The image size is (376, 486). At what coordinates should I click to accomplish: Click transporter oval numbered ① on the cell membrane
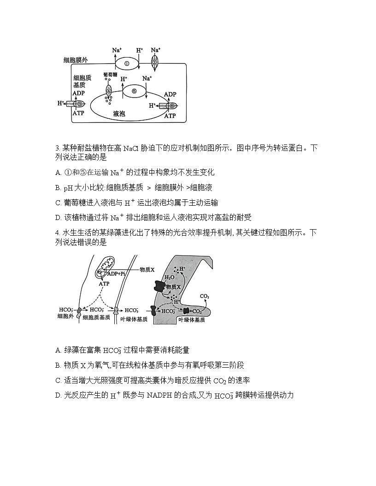pos(126,64)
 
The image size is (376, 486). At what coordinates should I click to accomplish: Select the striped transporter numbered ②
pos(155,62)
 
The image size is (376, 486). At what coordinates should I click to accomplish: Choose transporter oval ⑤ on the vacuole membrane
pos(134,91)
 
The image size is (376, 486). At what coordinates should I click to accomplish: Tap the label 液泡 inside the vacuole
pos(119,113)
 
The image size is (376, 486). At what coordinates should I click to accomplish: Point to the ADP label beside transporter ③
pos(78,93)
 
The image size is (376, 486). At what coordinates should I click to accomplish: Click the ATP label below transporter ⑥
pos(170,116)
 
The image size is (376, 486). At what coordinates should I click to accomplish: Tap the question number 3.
pos(57,148)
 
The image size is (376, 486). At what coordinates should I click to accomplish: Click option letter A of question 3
pos(58,173)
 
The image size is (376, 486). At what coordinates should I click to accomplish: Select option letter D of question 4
pos(58,395)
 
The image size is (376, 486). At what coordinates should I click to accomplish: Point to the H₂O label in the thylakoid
pos(169,278)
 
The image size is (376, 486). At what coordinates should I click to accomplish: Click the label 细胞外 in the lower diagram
pos(65,316)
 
